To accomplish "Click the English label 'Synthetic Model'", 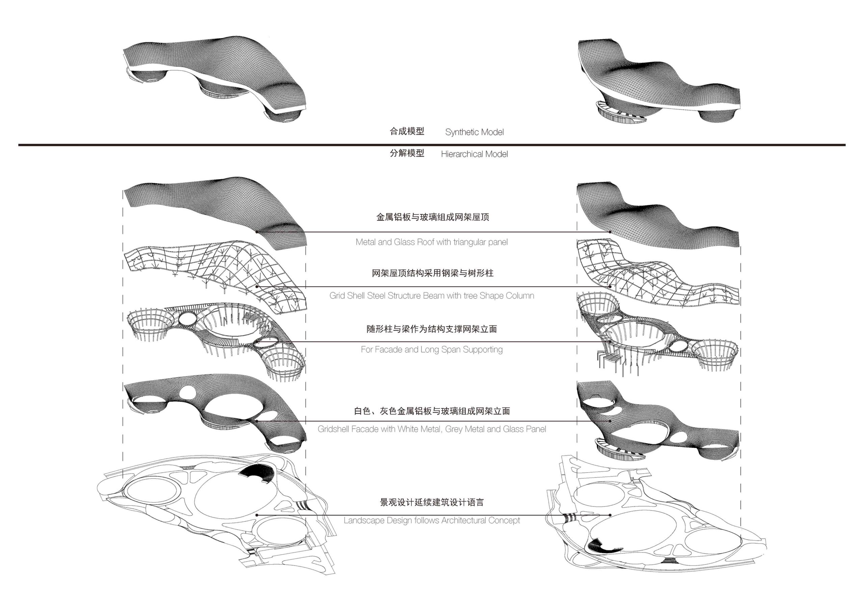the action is pos(474,132).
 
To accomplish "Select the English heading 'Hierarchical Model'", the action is pos(474,154).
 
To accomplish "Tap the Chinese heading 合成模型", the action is pos(407,131).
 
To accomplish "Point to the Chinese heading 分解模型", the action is pos(407,153).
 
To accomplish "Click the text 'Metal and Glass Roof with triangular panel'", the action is pos(432,242).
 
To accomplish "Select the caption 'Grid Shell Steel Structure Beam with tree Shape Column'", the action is pos(432,296).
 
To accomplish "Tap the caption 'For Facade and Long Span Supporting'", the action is pos(432,350).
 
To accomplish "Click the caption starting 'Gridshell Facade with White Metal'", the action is pos(432,429).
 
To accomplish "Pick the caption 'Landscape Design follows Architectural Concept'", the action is pos(432,520).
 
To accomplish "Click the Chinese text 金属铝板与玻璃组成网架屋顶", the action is pos(432,217).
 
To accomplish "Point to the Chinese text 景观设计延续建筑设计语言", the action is pos(432,502).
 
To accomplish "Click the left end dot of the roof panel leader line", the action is pos(256,232).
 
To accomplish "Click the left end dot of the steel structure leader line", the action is pos(256,287).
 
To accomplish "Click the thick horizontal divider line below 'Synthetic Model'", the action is pos(432,145).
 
